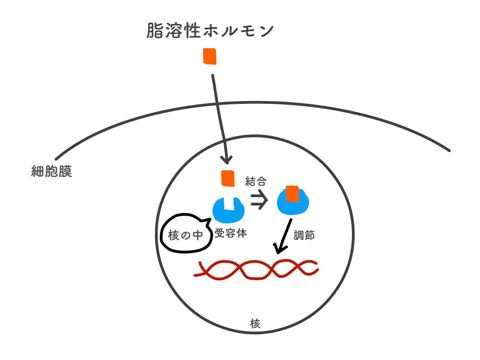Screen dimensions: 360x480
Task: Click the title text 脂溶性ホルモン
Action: point(210,31)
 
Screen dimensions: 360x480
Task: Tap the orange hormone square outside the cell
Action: point(210,57)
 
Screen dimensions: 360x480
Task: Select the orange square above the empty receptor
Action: point(228,178)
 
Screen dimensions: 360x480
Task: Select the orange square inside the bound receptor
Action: point(292,193)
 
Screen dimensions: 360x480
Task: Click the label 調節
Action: point(306,235)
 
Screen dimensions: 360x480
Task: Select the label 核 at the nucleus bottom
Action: point(255,323)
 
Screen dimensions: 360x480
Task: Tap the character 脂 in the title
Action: point(156,31)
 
